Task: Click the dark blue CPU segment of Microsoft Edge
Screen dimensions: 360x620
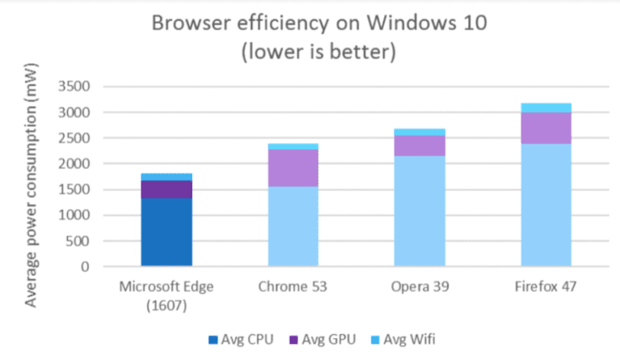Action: pos(166,232)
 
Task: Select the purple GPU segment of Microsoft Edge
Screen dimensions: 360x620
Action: pos(166,189)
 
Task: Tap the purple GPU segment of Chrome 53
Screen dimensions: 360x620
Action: pos(292,168)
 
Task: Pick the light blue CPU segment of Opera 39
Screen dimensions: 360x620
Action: pos(419,211)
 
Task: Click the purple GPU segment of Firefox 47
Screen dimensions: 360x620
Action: pos(546,128)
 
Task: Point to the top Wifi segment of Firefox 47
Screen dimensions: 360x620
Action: pos(546,107)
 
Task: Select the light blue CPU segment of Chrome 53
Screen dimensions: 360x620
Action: pos(292,226)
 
